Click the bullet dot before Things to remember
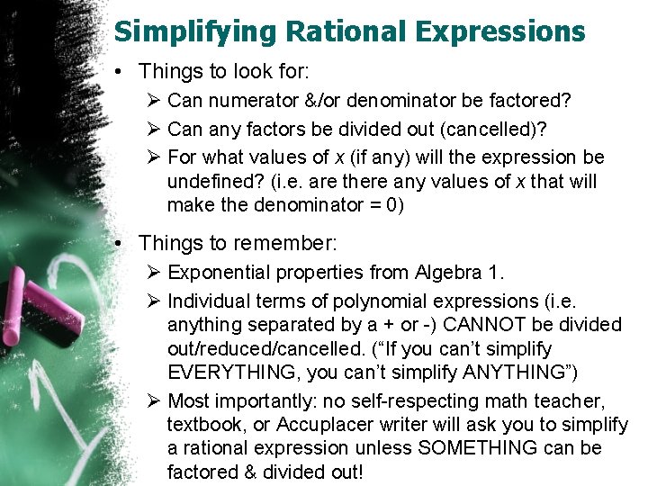pyautogui.click(x=122, y=243)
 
